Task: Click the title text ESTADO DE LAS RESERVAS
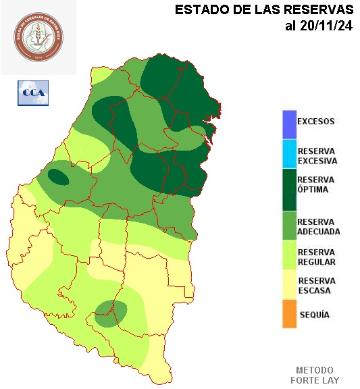click(x=264, y=10)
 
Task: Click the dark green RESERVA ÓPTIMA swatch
click(x=289, y=190)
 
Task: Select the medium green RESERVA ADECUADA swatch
click(x=289, y=226)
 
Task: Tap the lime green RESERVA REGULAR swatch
click(x=289, y=256)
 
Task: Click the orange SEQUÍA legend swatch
click(x=289, y=315)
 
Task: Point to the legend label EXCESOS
click(x=315, y=122)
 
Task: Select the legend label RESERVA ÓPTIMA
click(x=316, y=184)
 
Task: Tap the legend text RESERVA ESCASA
click(x=316, y=286)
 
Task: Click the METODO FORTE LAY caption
click(x=315, y=375)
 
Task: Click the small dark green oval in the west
click(x=59, y=178)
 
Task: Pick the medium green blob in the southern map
click(x=111, y=313)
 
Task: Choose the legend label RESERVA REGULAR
click(x=317, y=257)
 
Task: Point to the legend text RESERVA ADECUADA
click(x=318, y=226)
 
